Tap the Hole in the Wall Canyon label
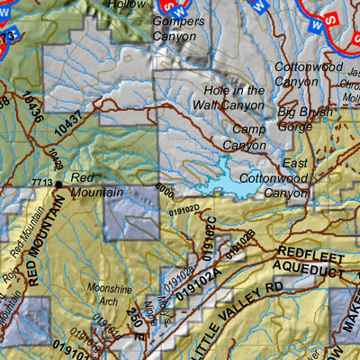click(234, 98)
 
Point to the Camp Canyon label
click(244, 138)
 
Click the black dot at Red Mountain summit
click(58, 184)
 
